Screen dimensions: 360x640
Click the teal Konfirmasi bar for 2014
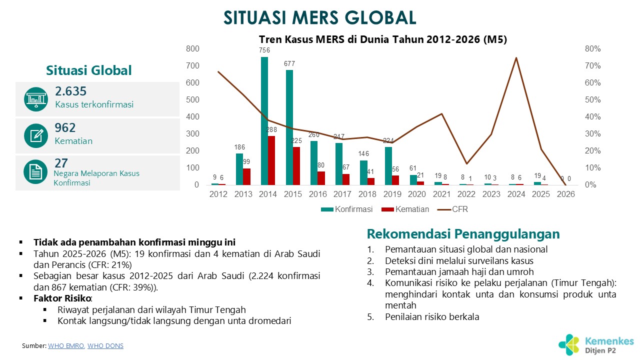pyautogui.click(x=264, y=121)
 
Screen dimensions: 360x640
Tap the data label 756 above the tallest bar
pyautogui.click(x=264, y=50)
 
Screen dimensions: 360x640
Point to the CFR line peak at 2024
pyautogui.click(x=516, y=58)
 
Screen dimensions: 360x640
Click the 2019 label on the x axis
pyautogui.click(x=392, y=194)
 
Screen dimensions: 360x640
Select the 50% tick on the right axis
pyautogui.click(x=592, y=100)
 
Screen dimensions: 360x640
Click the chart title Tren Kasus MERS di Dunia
pyautogui.click(x=382, y=40)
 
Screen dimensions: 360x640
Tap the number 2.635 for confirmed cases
pyautogui.click(x=70, y=91)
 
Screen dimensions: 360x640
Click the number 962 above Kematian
pyautogui.click(x=65, y=127)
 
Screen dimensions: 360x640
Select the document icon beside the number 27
pyautogui.click(x=35, y=172)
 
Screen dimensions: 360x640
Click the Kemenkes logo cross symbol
pyautogui.click(x=568, y=344)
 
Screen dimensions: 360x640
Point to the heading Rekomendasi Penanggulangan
pyautogui.click(x=463, y=234)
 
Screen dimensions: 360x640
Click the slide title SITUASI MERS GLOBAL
pyautogui.click(x=320, y=17)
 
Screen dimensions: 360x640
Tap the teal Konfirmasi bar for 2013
pyautogui.click(x=239, y=169)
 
